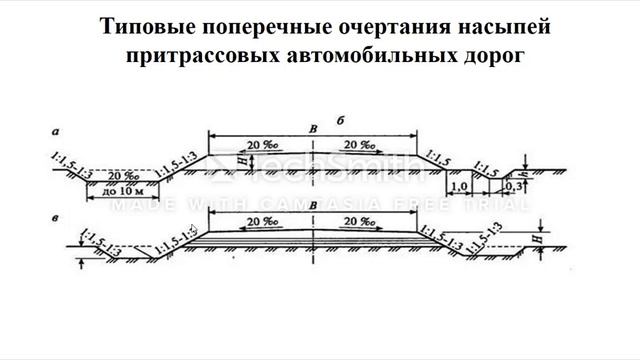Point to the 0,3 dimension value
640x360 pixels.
(515, 187)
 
